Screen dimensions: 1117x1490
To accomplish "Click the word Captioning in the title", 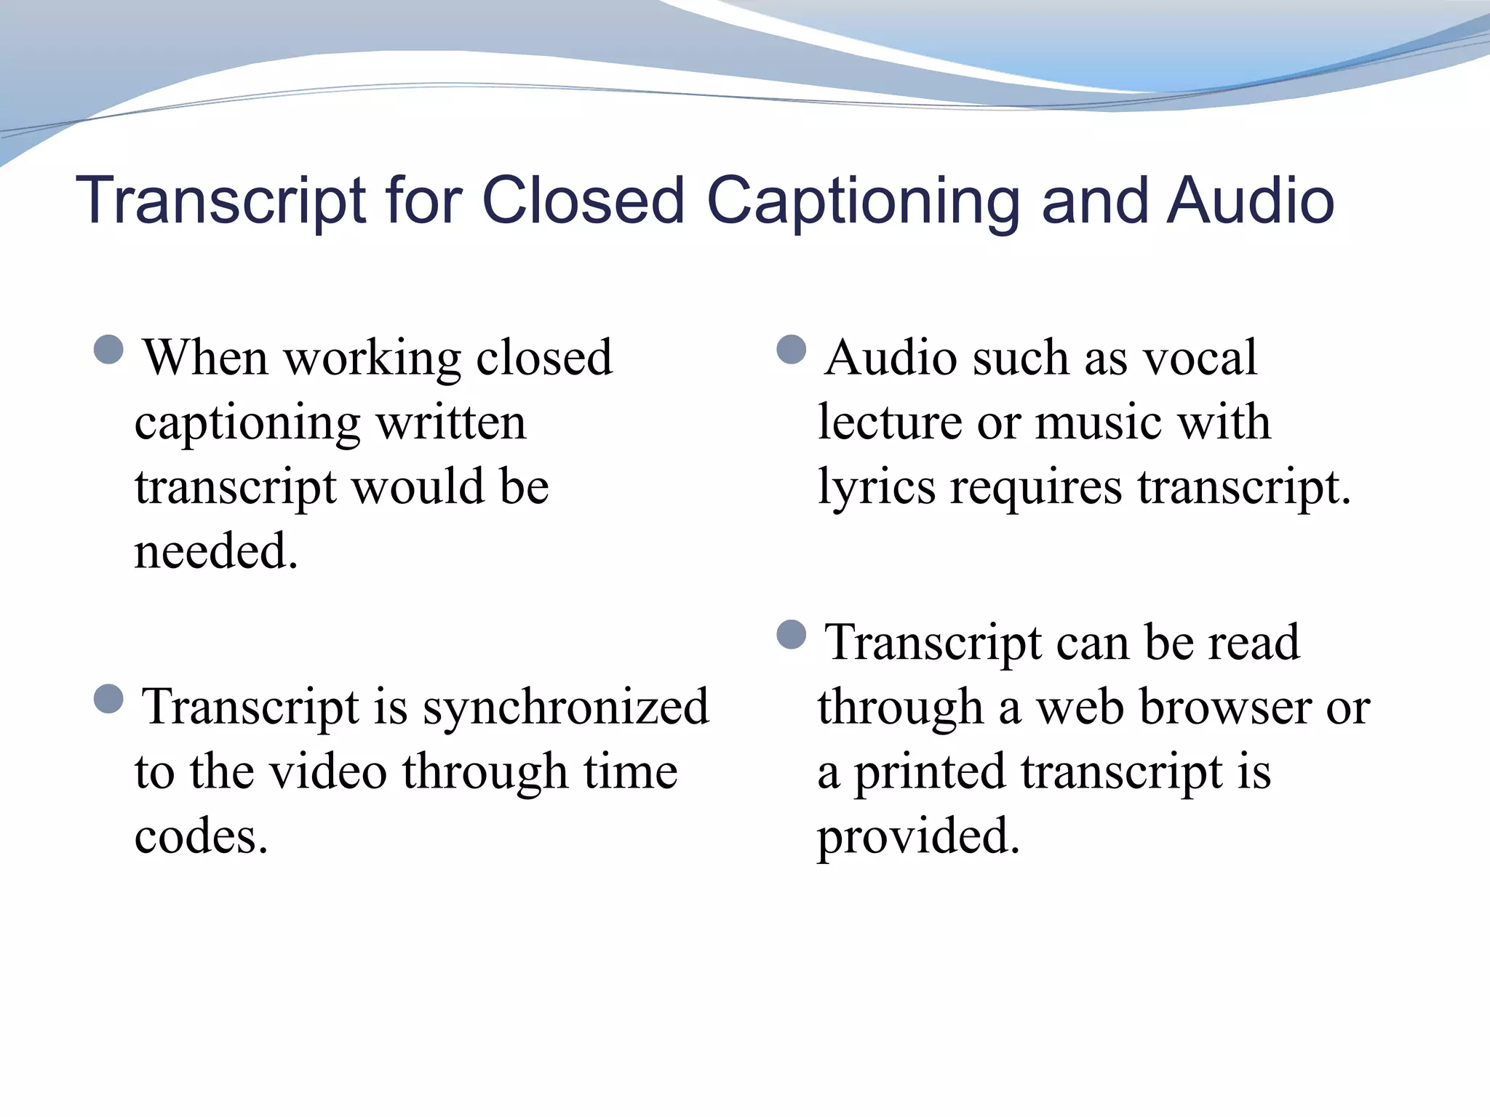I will point(865,202).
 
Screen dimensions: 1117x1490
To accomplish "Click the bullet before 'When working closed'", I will point(108,350).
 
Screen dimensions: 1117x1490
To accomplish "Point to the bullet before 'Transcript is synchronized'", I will point(108,700).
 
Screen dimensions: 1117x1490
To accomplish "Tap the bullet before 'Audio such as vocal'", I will point(792,350).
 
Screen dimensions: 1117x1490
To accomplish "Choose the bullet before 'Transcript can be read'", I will point(792,635).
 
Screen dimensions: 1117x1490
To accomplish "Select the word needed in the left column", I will point(216,551).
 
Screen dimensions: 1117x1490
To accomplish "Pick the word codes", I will point(201,836).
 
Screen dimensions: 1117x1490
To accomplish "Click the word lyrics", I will point(876,487).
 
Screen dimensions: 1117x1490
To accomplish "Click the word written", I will point(451,423).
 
